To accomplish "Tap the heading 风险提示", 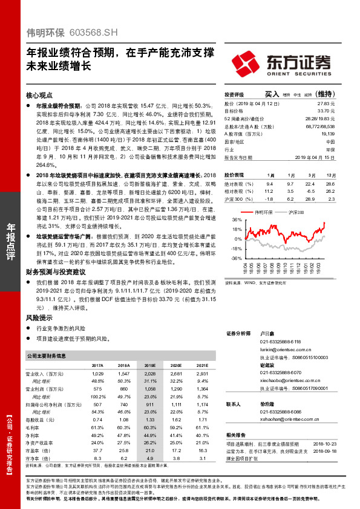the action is pyautogui.click(x=38, y=317).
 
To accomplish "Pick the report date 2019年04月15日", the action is pyautogui.click(x=318, y=156).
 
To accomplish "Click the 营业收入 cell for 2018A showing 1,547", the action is pyautogui.click(x=123, y=375).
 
